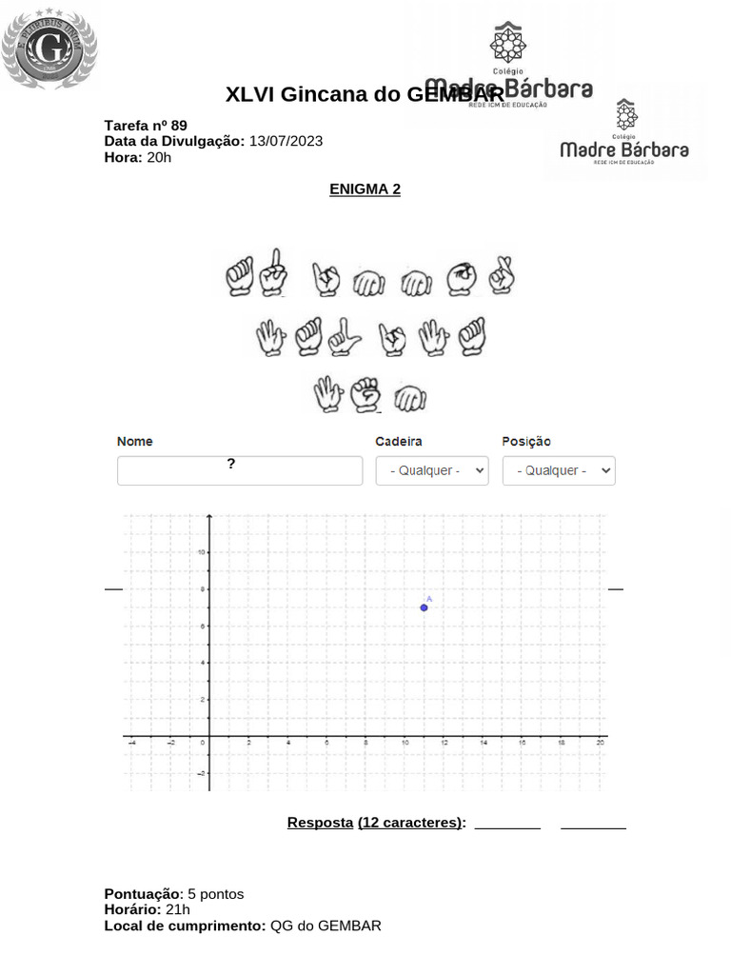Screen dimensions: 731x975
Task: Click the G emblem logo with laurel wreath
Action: point(49,46)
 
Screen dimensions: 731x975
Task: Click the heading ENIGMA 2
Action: point(365,189)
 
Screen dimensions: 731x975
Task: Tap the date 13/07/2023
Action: point(286,141)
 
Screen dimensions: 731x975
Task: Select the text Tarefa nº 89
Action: point(146,126)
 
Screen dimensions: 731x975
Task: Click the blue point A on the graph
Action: point(424,607)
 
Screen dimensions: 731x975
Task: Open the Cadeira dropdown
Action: point(432,470)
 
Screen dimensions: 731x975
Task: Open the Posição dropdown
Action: point(559,470)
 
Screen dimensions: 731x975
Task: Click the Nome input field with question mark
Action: point(240,470)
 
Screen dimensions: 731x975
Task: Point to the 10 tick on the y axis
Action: point(202,552)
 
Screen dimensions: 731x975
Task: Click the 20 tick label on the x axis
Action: point(600,743)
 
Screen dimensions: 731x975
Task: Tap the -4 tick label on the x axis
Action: point(131,743)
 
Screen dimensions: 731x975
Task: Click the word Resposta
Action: point(320,823)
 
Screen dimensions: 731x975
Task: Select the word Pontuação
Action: point(143,894)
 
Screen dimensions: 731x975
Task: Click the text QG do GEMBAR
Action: point(326,925)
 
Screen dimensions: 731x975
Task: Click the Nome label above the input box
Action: point(135,442)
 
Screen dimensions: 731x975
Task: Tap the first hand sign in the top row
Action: point(239,278)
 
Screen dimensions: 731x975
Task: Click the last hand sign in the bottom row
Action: point(410,398)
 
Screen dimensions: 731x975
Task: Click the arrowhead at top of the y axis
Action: point(209,517)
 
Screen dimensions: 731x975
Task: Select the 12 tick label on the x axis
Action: point(444,743)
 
